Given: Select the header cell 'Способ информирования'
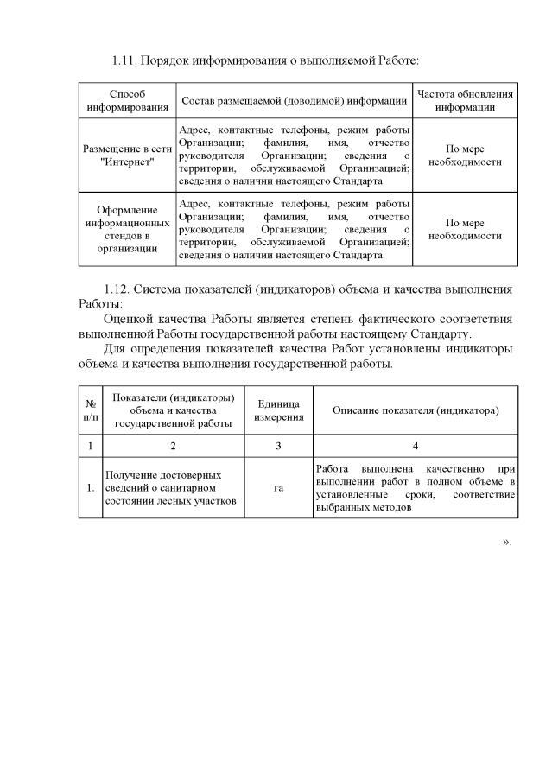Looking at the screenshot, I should (127, 100).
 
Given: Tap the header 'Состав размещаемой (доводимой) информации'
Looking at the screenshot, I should (294, 100).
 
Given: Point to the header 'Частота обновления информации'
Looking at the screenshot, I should (465, 100).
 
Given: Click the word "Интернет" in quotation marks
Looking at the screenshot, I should (127, 162).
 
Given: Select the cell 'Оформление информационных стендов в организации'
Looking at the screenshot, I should (127, 229).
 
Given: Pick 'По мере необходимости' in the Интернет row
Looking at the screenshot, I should (465, 155).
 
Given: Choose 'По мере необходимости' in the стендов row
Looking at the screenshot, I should (465, 229).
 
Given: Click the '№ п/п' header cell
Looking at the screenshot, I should (91, 410).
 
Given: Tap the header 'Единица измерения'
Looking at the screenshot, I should (278, 410).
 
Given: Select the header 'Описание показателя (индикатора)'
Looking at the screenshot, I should (415, 410).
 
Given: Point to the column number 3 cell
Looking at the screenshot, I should (278, 445).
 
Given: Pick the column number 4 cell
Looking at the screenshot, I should (415, 445).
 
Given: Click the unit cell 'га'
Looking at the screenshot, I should (278, 488).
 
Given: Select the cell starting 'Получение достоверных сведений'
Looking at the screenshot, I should (164, 488).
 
